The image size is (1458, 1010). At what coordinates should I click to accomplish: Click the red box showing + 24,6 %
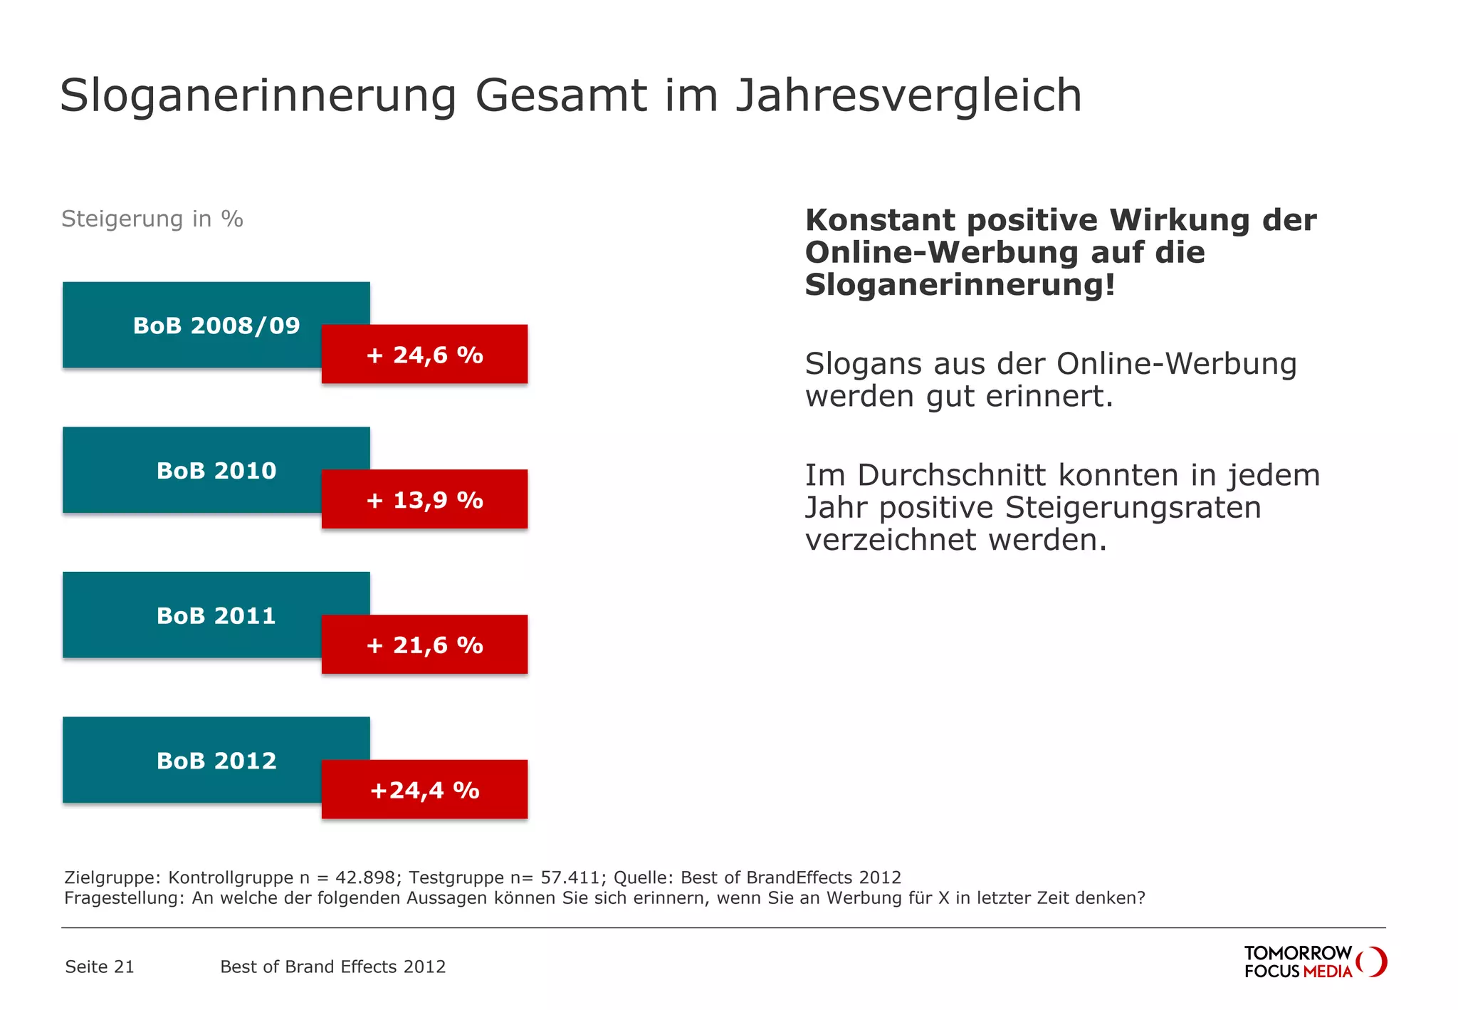(x=424, y=355)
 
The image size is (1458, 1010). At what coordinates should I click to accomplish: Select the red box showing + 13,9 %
(x=424, y=499)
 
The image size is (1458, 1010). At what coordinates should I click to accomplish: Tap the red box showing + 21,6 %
(x=424, y=645)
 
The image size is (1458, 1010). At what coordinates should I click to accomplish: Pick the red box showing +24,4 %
(x=424, y=790)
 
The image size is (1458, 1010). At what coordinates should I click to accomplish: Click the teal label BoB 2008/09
(x=192, y=326)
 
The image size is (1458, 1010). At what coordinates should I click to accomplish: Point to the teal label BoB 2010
(x=192, y=470)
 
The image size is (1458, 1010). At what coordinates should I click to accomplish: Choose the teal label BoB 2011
(x=192, y=615)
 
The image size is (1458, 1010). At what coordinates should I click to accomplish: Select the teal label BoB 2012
(x=192, y=761)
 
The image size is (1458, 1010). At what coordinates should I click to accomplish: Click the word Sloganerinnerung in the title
(x=258, y=96)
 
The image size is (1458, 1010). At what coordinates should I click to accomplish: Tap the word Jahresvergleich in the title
(x=908, y=96)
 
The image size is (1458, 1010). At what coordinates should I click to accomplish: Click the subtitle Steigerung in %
(x=152, y=219)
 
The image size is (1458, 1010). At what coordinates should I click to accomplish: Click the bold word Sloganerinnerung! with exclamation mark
(x=960, y=285)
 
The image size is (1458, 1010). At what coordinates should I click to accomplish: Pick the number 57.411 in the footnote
(x=570, y=878)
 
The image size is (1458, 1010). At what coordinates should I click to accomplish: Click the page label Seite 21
(x=100, y=967)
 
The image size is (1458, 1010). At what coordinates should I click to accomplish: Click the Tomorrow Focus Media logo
(x=1314, y=962)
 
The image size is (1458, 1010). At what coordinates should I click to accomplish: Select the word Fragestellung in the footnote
(x=125, y=898)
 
